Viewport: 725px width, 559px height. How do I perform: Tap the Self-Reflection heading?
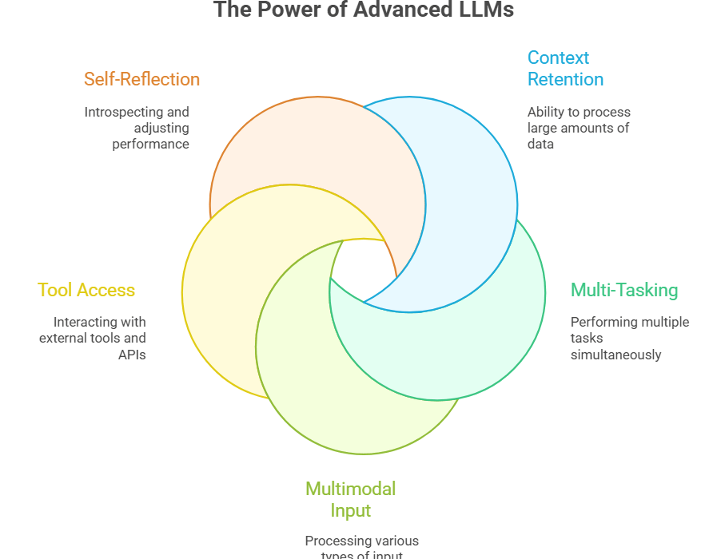[x=141, y=79]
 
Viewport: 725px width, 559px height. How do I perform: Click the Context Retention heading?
[x=564, y=69]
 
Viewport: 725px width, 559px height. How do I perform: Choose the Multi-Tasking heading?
[x=623, y=290]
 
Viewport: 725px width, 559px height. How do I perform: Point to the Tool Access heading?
[x=86, y=290]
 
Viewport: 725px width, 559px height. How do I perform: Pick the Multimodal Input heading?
[x=350, y=499]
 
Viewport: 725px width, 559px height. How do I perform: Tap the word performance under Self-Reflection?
[x=150, y=145]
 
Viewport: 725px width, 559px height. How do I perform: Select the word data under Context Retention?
[x=540, y=145]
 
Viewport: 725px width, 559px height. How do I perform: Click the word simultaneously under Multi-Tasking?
[x=615, y=355]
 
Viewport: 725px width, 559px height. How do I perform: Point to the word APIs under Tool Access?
[x=132, y=355]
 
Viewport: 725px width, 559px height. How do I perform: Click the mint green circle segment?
[x=480, y=343]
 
